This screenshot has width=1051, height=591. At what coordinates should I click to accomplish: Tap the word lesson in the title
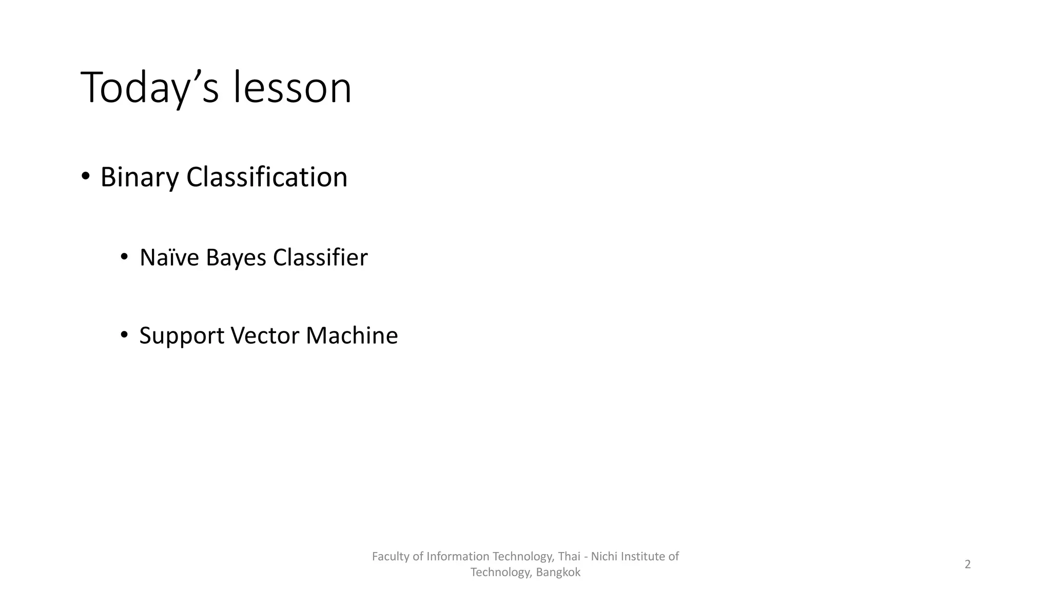(293, 88)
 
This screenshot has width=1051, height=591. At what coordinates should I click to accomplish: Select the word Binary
(139, 178)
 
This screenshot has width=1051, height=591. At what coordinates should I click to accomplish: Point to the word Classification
(267, 178)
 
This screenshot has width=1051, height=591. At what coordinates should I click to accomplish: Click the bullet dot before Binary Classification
(86, 176)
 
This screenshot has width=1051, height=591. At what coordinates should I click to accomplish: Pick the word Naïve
(169, 258)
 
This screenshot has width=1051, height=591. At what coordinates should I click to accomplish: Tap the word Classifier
(320, 258)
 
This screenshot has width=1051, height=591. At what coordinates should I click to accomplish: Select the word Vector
(265, 336)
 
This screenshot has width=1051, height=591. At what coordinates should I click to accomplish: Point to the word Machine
(352, 336)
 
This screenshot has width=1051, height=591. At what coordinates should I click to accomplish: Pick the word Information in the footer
(458, 556)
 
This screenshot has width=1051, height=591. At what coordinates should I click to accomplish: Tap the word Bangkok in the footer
(558, 573)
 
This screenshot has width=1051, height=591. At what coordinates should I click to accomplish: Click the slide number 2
(967, 564)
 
